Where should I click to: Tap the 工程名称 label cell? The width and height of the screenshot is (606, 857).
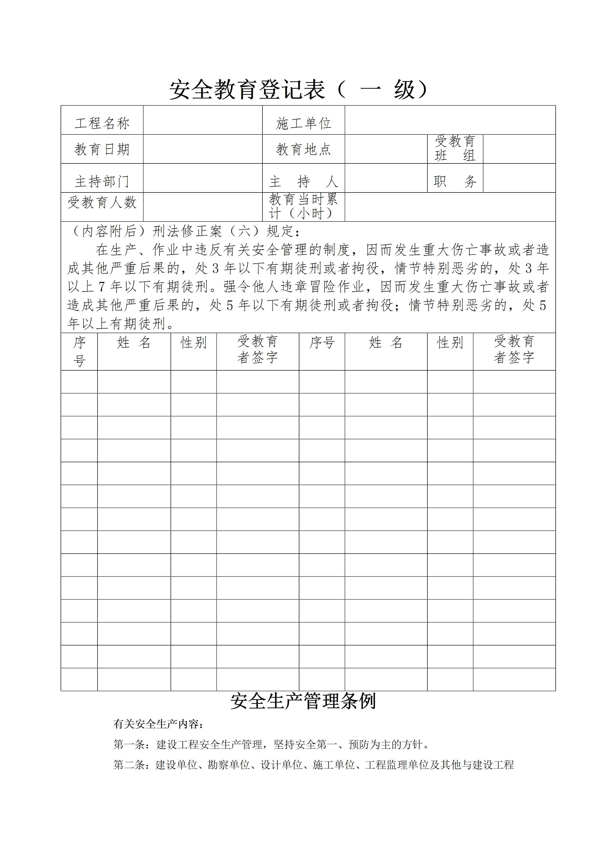102,123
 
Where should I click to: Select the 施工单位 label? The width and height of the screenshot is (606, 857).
303,123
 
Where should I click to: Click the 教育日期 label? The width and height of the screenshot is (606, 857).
102,149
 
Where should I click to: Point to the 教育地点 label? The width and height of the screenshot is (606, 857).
303,149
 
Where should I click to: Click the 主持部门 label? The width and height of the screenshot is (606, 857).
102,182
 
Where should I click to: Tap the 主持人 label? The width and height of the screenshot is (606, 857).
303,182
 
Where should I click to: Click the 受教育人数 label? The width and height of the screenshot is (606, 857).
102,203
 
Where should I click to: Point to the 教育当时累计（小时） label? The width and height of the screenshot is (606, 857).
303,206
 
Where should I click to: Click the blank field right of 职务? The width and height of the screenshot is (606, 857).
519,178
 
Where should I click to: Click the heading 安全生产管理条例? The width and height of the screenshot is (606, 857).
303,701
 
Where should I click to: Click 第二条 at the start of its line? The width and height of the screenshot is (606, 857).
129,765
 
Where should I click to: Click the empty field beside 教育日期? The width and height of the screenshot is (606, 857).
203,149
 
